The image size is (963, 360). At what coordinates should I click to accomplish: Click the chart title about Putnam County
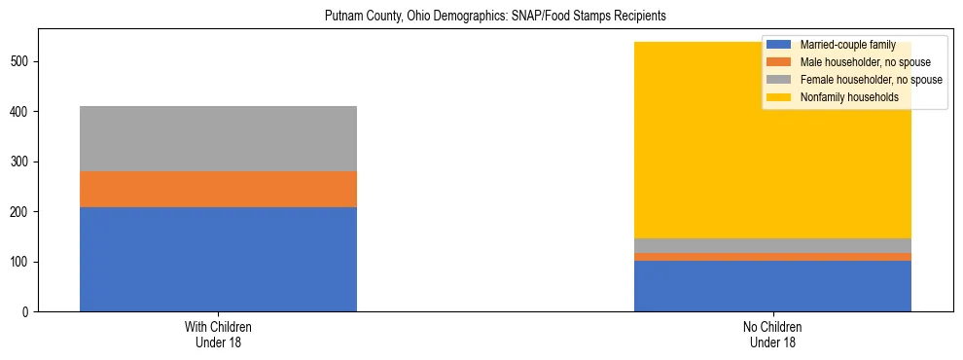[481, 17]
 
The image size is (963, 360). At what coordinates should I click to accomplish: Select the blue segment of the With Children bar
[218, 259]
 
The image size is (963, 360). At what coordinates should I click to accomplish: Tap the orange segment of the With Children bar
[218, 189]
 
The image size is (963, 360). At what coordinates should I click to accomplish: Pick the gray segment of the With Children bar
[218, 138]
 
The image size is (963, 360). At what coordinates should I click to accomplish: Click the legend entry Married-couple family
[847, 45]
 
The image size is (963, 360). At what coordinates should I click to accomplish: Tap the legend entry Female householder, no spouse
[865, 80]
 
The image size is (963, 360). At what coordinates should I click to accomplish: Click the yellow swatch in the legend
[779, 97]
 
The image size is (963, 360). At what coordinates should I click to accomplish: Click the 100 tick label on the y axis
[21, 263]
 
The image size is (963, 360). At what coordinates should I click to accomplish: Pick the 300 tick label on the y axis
[21, 162]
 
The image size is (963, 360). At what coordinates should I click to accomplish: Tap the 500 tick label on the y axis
[21, 61]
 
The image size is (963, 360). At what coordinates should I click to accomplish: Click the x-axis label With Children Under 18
[218, 335]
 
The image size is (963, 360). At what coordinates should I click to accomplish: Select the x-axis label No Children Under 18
[772, 335]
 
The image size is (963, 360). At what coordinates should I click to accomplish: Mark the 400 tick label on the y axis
[21, 112]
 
